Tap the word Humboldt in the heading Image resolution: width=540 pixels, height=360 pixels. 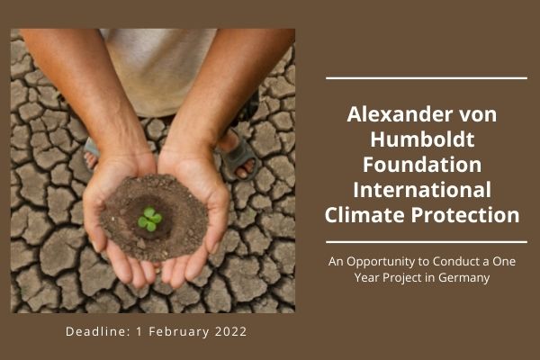(x=427, y=141)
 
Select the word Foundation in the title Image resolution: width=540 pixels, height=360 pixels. (x=427, y=166)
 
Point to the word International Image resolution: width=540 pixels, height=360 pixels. (x=427, y=191)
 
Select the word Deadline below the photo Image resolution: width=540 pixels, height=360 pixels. (x=97, y=332)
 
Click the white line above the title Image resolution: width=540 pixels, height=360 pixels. (x=427, y=78)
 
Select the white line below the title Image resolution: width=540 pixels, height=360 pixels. (x=427, y=241)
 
